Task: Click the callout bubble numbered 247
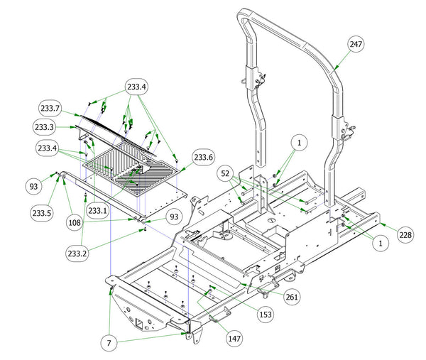pyautogui.click(x=356, y=44)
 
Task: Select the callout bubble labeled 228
pyautogui.click(x=405, y=235)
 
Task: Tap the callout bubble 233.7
pyautogui.click(x=50, y=108)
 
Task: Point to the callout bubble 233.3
pyautogui.click(x=44, y=127)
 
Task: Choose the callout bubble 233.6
pyautogui.click(x=204, y=158)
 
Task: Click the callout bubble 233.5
pyautogui.click(x=42, y=213)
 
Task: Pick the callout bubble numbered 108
pyautogui.click(x=75, y=223)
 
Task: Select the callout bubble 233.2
pyautogui.click(x=77, y=253)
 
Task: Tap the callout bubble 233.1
pyautogui.click(x=97, y=211)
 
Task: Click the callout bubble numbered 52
pyautogui.click(x=225, y=173)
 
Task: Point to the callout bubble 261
pyautogui.click(x=292, y=297)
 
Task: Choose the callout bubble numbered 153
pyautogui.click(x=266, y=315)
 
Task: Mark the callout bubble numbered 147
pyautogui.click(x=234, y=339)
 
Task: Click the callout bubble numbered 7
pyautogui.click(x=109, y=343)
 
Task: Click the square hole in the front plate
pyautogui.click(x=139, y=323)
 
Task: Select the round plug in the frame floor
pyautogui.click(x=272, y=219)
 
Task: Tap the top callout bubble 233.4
pyautogui.click(x=136, y=87)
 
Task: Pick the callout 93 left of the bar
pyautogui.click(x=33, y=186)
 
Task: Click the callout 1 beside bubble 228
pyautogui.click(x=381, y=243)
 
